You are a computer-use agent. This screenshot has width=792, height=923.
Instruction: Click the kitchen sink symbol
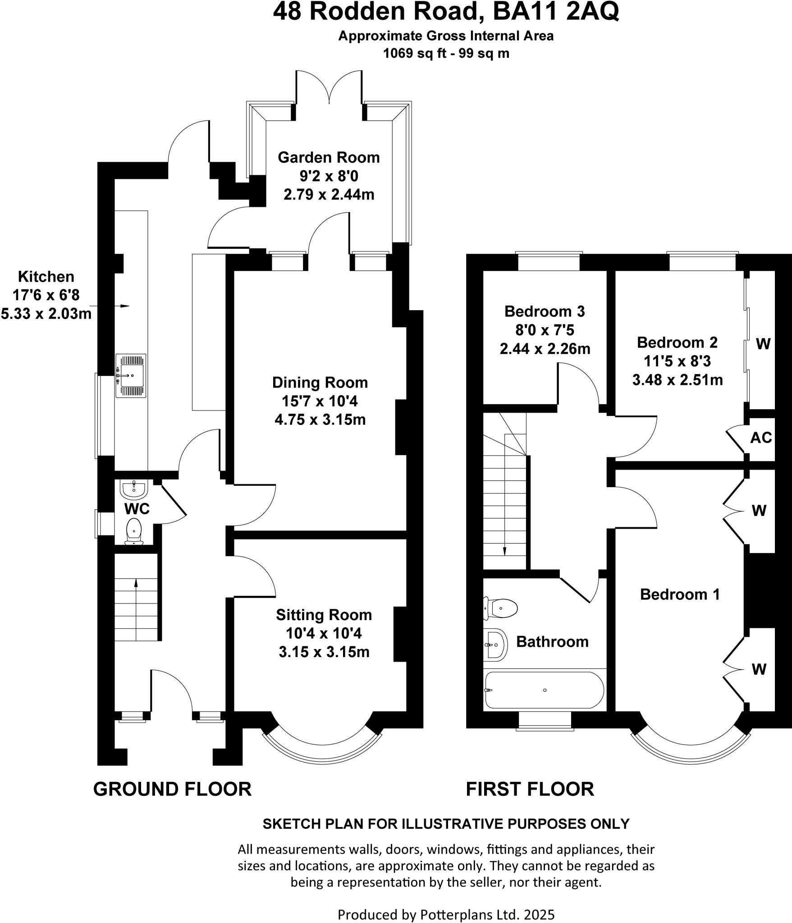click(x=131, y=375)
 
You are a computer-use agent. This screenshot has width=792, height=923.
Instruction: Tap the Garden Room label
click(x=329, y=157)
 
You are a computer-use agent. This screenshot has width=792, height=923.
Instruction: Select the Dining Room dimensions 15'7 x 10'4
click(x=320, y=401)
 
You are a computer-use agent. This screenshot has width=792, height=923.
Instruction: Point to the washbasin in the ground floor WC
click(x=133, y=488)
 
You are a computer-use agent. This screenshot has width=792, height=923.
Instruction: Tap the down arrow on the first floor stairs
click(x=504, y=551)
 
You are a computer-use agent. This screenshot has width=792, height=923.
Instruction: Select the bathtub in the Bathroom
click(x=545, y=690)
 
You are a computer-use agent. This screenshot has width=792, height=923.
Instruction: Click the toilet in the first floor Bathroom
click(x=501, y=608)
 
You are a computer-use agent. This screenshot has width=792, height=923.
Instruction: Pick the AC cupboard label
click(x=761, y=438)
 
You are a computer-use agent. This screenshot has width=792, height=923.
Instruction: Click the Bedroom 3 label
click(x=545, y=311)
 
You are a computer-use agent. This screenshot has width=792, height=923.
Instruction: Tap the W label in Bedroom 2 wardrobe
click(x=763, y=344)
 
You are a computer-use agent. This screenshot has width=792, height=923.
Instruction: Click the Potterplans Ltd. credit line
click(x=446, y=914)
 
